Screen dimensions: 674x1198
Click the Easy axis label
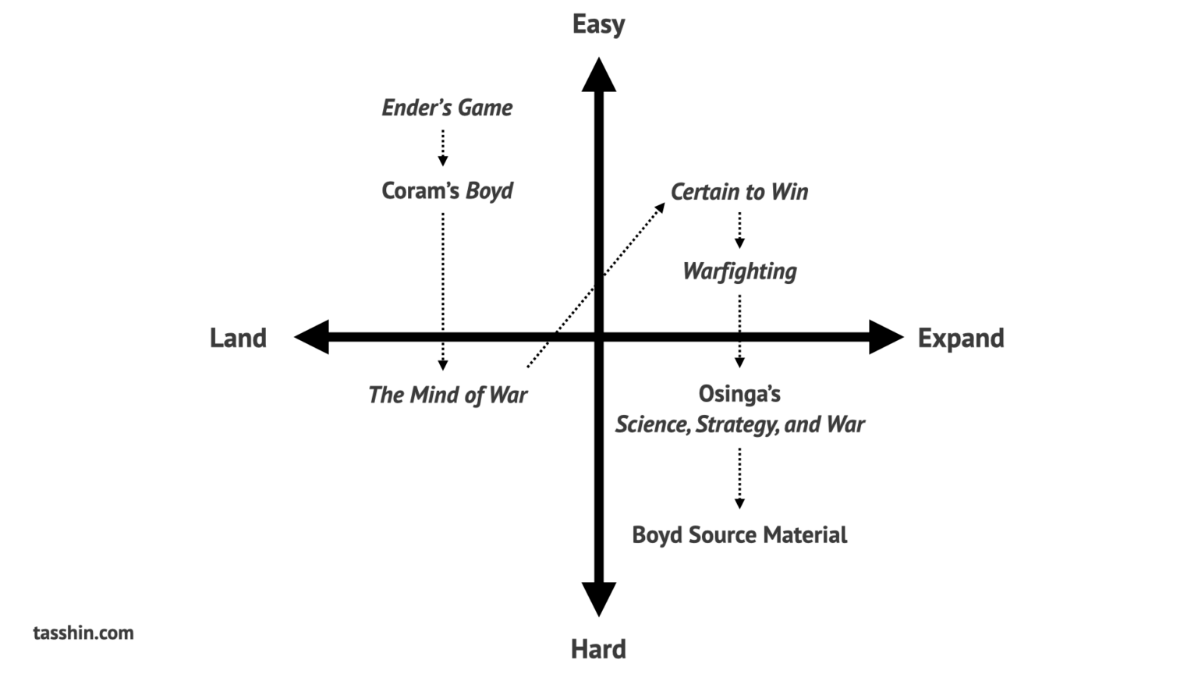click(598, 24)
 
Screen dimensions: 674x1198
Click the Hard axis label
click(598, 649)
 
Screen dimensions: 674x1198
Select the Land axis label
click(238, 338)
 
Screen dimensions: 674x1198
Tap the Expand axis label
click(960, 338)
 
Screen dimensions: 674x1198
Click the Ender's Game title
click(447, 108)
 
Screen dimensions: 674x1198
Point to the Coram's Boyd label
click(447, 191)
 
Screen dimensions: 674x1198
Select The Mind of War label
click(447, 395)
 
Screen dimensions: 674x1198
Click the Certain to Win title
click(739, 192)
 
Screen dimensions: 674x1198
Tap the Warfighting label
click(739, 271)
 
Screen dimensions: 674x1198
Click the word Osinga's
click(739, 394)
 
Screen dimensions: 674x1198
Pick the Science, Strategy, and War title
click(739, 424)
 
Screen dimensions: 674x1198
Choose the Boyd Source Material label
click(739, 535)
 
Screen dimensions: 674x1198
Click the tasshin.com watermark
click(83, 633)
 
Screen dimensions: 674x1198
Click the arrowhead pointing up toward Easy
click(598, 75)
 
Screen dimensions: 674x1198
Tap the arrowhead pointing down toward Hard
click(598, 598)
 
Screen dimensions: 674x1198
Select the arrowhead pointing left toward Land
click(312, 337)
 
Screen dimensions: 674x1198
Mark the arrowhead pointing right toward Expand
click(885, 337)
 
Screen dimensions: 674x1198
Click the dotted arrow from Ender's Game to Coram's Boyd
click(443, 147)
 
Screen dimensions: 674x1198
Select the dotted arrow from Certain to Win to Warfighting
click(739, 230)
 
